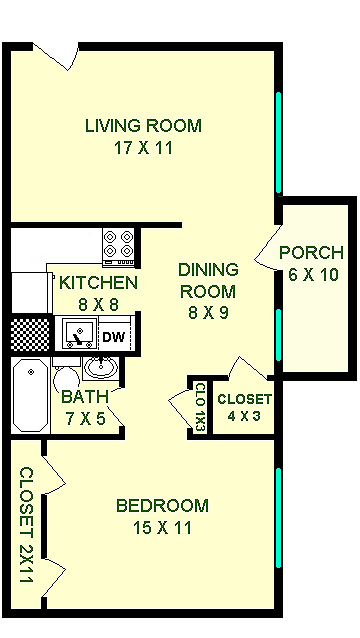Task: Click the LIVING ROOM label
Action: click(143, 126)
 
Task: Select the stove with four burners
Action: click(119, 243)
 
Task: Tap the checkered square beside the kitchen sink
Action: click(29, 332)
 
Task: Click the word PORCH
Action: click(311, 253)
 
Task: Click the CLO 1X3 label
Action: click(199, 406)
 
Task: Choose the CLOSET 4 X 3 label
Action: click(244, 407)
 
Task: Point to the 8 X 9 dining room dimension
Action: click(207, 313)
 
